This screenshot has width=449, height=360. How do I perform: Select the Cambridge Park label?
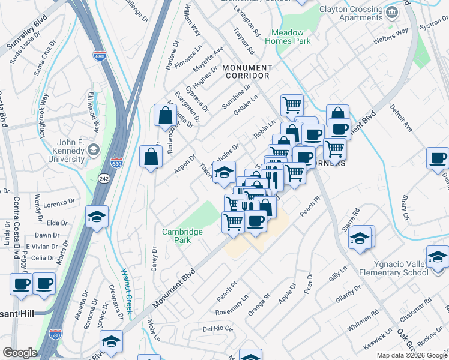click(182, 236)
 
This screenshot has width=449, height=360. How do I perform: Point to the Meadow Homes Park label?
click(291, 37)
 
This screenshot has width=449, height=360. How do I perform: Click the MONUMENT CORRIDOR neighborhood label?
click(247, 72)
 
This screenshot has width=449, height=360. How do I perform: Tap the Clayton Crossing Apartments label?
click(350, 13)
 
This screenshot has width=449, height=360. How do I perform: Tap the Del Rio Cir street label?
click(217, 329)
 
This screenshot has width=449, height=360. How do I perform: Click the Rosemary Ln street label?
click(236, 305)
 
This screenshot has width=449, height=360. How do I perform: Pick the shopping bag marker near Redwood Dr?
click(164, 116)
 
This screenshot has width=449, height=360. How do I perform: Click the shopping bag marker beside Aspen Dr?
click(151, 157)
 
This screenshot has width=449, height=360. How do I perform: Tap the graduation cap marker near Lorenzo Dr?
click(97, 216)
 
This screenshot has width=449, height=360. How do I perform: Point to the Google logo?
click(20, 353)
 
